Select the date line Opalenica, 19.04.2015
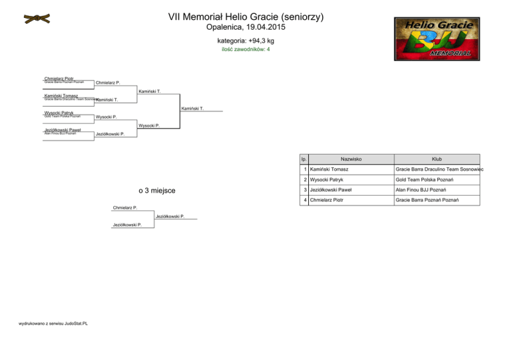pyautogui.click(x=254, y=29)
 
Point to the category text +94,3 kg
pyautogui.click(x=254, y=41)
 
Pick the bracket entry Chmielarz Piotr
pyautogui.click(x=59, y=78)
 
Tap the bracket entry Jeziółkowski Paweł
pyautogui.click(x=62, y=130)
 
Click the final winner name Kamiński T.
pyautogui.click(x=192, y=108)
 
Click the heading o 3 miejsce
pyautogui.click(x=157, y=191)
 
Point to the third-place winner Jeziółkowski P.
pyautogui.click(x=170, y=216)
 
